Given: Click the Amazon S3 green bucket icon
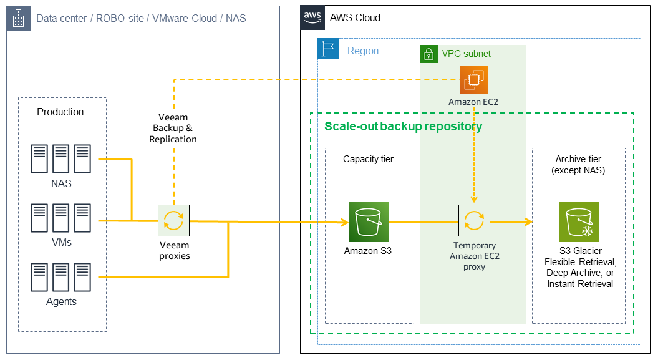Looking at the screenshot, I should coord(368,221).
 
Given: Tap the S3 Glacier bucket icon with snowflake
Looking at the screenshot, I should coord(579,221).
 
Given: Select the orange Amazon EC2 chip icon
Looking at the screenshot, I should coord(473,80).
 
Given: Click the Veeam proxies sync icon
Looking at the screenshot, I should coord(173,220).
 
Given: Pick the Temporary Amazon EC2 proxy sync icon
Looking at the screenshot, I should coord(473,220).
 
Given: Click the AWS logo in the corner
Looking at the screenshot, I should coord(312,17).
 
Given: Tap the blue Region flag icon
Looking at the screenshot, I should coord(327,50).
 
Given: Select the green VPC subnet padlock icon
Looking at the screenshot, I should coord(428,54).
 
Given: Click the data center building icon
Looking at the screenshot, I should coord(18,18).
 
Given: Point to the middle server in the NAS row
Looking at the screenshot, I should coord(61,159).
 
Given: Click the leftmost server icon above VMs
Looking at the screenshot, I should coord(40,218).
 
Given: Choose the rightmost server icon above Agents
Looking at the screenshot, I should coord(82,278).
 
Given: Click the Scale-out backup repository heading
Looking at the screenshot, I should coord(403,126).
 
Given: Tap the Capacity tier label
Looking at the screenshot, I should coord(369,159).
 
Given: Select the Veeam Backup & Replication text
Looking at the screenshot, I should coord(173,128).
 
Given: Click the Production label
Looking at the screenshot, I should coord(60,112).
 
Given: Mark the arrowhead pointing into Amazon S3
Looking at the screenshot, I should coord(343,222).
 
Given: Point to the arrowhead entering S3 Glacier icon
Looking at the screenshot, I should coord(528,222).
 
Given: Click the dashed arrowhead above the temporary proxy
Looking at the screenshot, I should coord(474,200).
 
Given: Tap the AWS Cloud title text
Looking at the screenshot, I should coord(355,17).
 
